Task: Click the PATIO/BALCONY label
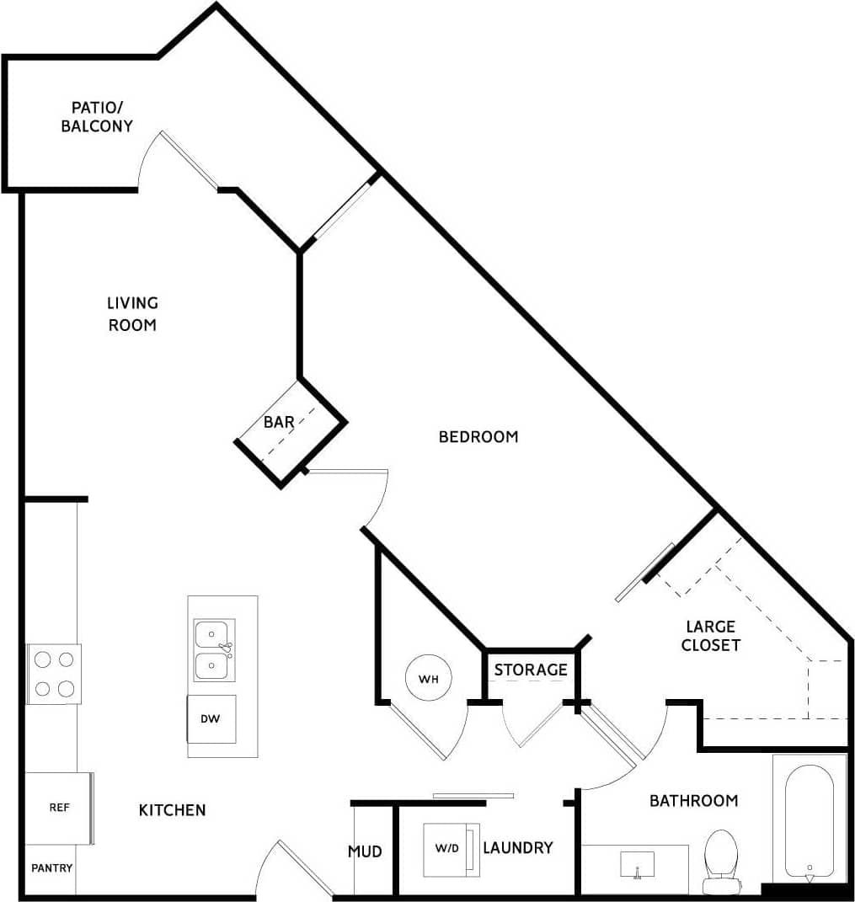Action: (98, 117)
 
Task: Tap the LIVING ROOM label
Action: (132, 313)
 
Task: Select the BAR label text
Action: (278, 422)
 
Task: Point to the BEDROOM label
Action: (478, 436)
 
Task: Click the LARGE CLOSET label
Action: (712, 636)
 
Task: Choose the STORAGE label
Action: (531, 670)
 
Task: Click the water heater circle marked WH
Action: (428, 677)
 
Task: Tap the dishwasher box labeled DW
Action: (211, 719)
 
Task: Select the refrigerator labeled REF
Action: (58, 807)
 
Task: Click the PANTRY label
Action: (51, 868)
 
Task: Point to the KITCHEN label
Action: (172, 810)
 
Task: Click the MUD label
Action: (365, 851)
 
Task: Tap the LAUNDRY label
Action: (517, 847)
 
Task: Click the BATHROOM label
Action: (693, 800)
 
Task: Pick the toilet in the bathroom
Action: (721, 859)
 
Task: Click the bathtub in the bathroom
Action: (809, 821)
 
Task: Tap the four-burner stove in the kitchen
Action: (54, 674)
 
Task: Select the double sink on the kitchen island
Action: (214, 650)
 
